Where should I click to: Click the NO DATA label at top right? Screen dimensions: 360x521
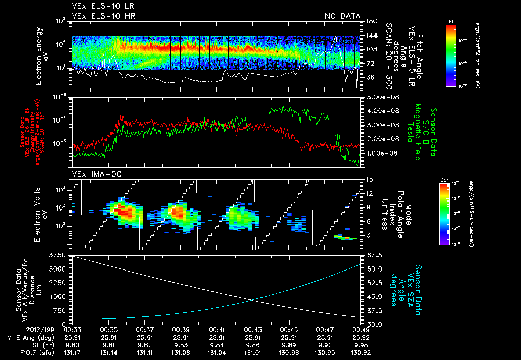342,16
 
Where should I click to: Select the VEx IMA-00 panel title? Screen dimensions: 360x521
93,174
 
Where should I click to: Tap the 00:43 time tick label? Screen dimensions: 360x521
253,329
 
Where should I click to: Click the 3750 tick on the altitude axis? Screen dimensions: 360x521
60,254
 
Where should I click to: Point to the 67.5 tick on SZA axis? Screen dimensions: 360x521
371,254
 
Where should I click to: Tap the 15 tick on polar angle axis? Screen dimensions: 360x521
368,179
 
